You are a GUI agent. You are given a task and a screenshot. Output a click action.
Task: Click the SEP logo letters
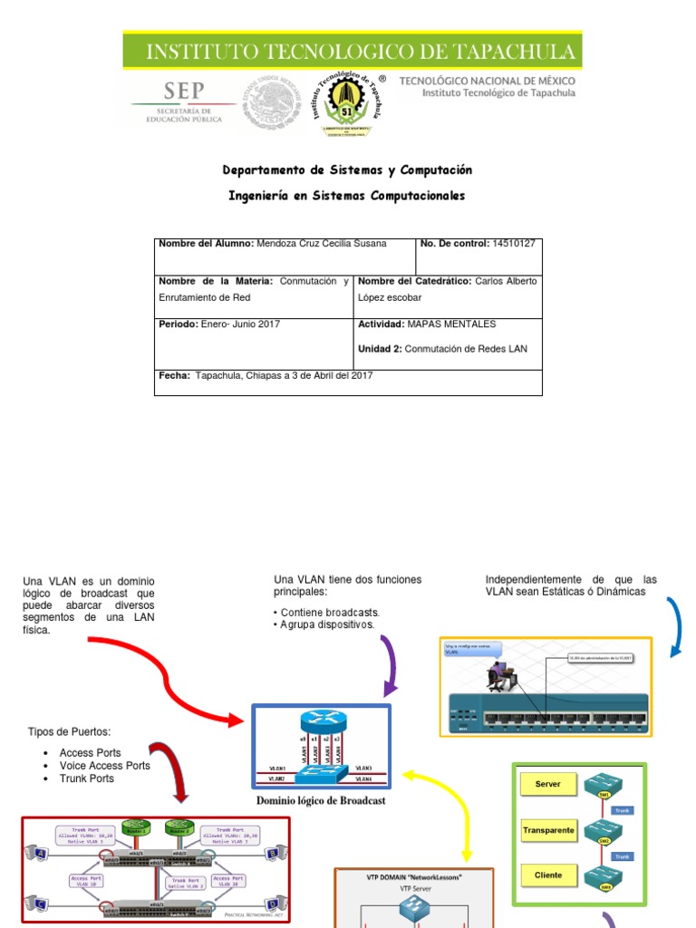pos(184,92)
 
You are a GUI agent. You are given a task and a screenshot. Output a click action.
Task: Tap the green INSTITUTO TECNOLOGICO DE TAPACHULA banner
pos(353,51)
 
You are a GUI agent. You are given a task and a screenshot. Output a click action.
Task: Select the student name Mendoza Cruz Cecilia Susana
pos(322,244)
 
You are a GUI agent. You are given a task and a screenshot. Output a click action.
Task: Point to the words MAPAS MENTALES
pos(451,324)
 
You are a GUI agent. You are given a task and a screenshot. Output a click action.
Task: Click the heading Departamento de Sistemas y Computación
pos(347,170)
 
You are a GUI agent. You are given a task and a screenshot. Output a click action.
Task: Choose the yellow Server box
pos(548,784)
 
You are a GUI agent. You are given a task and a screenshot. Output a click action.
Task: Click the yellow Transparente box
pos(548,829)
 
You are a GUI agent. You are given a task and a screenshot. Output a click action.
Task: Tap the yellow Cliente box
pos(548,875)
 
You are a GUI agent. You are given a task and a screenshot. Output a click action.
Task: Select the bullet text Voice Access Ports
pos(104,766)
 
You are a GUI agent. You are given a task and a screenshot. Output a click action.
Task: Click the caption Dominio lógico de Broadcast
pos(321,800)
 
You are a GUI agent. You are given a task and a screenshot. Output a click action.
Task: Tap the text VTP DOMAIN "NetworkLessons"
pos(413,877)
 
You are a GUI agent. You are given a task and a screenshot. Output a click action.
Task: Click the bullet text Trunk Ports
pos(86,778)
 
